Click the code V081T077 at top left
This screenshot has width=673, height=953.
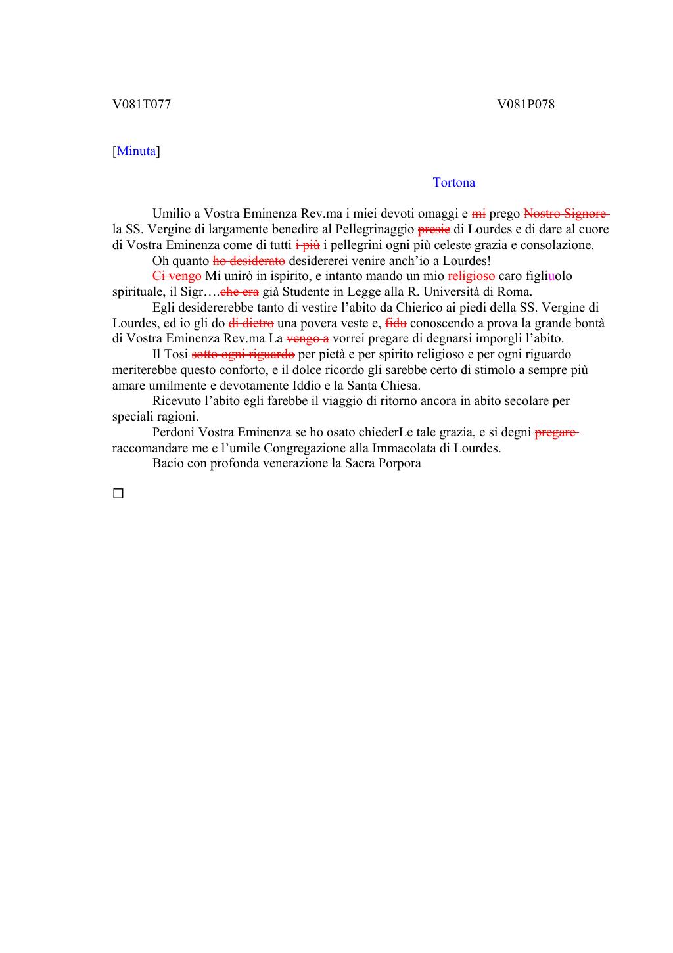pyautogui.click(x=141, y=104)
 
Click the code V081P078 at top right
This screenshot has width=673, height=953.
pyautogui.click(x=526, y=104)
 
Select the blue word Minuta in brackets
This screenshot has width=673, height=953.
pyautogui.click(x=137, y=151)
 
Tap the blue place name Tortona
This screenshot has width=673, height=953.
pyautogui.click(x=454, y=183)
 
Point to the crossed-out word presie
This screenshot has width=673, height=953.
pyautogui.click(x=434, y=229)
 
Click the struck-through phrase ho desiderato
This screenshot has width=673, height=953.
pyautogui.click(x=249, y=260)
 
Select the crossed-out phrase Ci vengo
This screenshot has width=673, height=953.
pyautogui.click(x=177, y=276)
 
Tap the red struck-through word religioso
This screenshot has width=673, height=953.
pyautogui.click(x=471, y=276)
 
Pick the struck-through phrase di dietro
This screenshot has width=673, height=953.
pyautogui.click(x=251, y=323)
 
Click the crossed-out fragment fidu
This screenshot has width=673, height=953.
pyautogui.click(x=396, y=323)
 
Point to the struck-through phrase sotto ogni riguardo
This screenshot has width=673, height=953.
pyautogui.click(x=243, y=354)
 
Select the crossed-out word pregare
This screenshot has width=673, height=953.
pyautogui.click(x=556, y=432)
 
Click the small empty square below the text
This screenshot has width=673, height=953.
pyautogui.click(x=118, y=493)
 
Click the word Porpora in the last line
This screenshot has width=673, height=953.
pyautogui.click(x=399, y=463)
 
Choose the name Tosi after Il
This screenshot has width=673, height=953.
pyautogui.click(x=175, y=354)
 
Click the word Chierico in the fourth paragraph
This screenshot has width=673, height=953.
pyautogui.click(x=418, y=307)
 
